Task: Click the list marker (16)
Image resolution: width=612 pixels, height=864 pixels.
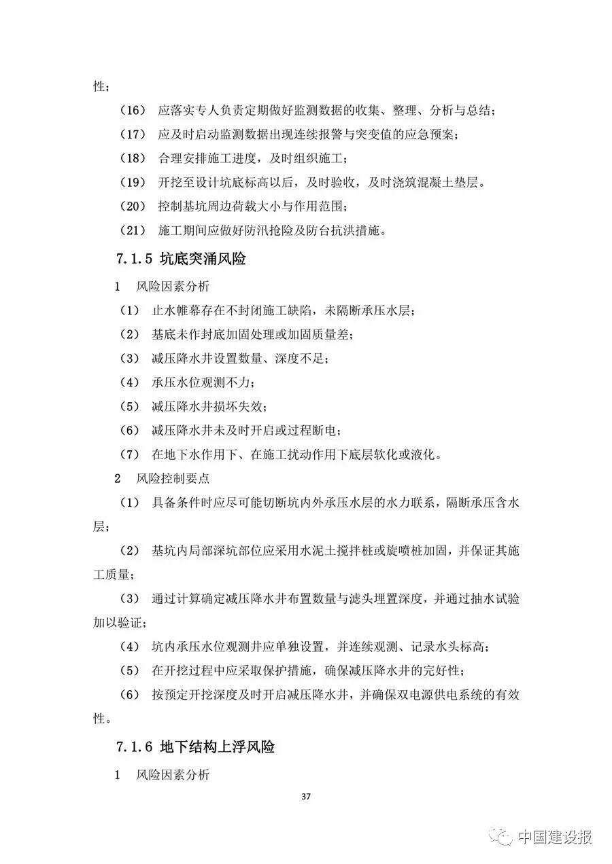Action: tap(133, 109)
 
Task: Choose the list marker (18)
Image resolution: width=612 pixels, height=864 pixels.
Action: tap(133, 158)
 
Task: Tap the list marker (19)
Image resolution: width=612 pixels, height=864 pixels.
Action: tap(133, 183)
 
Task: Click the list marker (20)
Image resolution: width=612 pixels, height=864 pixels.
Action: tap(133, 206)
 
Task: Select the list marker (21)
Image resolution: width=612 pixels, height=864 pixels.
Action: tap(133, 231)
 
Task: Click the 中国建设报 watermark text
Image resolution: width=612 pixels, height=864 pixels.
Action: tap(554, 837)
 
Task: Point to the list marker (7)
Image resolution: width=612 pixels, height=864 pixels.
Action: tap(129, 454)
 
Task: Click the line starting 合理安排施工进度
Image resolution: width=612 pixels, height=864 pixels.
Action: tap(253, 158)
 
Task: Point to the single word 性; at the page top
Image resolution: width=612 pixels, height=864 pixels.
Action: tap(100, 86)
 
